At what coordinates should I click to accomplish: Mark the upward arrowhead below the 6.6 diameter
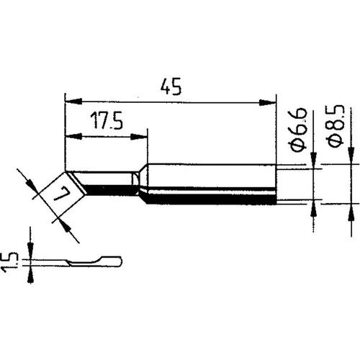pyautogui.click(x=315, y=208)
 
